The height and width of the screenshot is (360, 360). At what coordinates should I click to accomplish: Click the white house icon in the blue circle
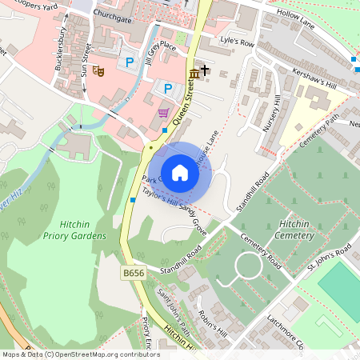click(x=180, y=173)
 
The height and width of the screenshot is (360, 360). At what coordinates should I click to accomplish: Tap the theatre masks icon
click(x=98, y=71)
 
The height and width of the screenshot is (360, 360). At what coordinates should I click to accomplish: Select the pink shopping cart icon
click(x=164, y=112)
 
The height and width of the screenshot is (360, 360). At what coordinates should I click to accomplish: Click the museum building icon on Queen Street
click(x=194, y=74)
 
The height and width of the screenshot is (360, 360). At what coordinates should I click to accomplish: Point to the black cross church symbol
click(x=206, y=70)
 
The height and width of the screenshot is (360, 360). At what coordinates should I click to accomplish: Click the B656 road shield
click(x=133, y=274)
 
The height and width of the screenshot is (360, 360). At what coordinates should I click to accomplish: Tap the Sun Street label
click(x=85, y=58)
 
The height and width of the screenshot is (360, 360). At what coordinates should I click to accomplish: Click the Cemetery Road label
click(x=263, y=250)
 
